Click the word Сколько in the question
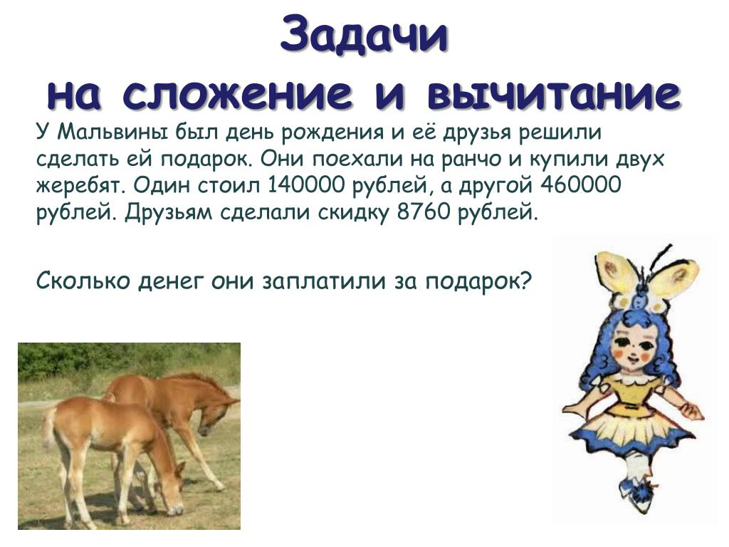[83, 281]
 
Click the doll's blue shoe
[639, 493]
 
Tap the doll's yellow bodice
[630, 395]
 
